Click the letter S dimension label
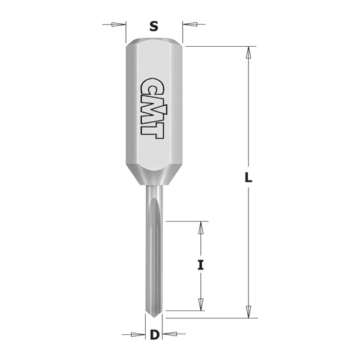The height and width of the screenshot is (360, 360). click(x=154, y=26)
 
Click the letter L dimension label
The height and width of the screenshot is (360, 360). click(x=249, y=179)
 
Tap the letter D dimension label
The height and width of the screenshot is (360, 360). click(x=154, y=335)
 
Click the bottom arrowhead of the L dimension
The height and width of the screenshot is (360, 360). click(x=248, y=311)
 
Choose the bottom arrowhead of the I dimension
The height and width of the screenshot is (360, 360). click(x=201, y=304)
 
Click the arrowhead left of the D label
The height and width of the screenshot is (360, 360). click(x=139, y=335)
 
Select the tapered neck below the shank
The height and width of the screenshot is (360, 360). click(x=154, y=178)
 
